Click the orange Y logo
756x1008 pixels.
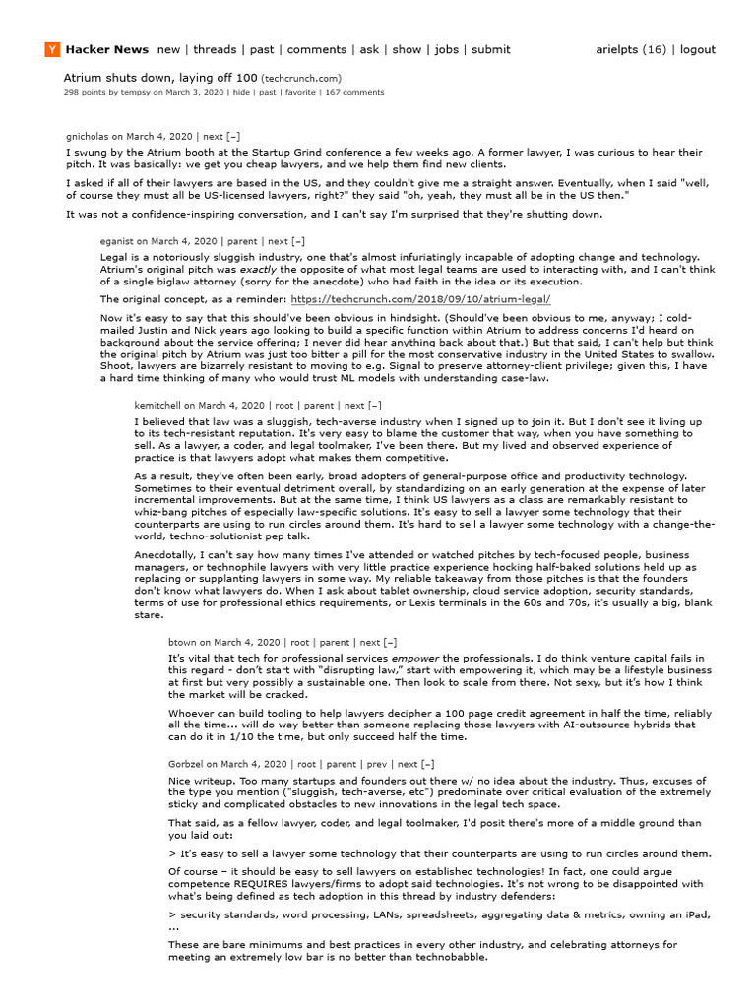(51, 50)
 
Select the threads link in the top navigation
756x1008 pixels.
(215, 50)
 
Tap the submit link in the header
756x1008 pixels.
(490, 50)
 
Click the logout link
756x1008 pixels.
(697, 50)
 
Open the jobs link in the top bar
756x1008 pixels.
(447, 50)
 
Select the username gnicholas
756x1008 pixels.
(87, 137)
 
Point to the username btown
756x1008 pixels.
(182, 642)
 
